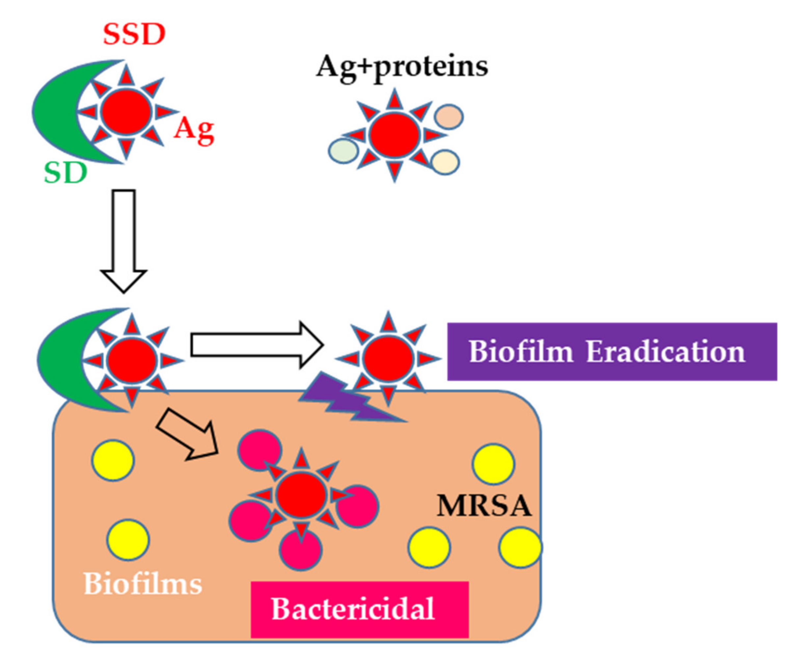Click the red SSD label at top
tap(134, 34)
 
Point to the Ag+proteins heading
tap(402, 67)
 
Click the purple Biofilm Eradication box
tap(611, 351)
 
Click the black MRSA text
tap(484, 506)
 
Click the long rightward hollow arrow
tap(257, 344)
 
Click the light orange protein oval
tap(448, 116)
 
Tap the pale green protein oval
tap(343, 151)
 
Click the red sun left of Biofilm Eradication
tap(388, 358)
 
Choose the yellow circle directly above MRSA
tap(493, 464)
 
